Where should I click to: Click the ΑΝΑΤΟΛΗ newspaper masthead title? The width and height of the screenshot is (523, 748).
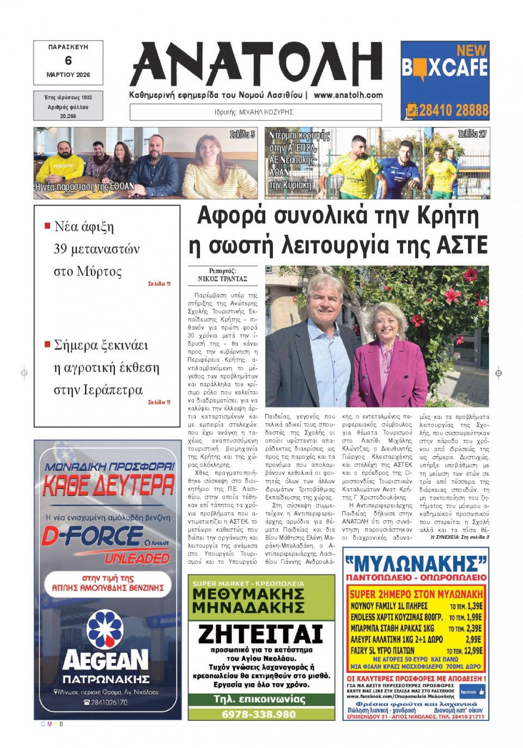pyautogui.click(x=256, y=64)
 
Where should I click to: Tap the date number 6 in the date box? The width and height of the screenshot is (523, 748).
pyautogui.click(x=68, y=60)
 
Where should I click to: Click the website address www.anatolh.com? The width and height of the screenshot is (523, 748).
pyautogui.click(x=348, y=95)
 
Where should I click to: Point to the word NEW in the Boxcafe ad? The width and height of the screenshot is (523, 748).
pyautogui.click(x=471, y=50)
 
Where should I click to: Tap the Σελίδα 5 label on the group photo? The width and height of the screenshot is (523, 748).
pyautogui.click(x=242, y=135)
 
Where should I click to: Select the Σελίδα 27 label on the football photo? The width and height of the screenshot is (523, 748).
pyautogui.click(x=472, y=134)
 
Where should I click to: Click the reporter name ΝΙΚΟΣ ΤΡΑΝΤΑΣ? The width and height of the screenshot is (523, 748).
pyautogui.click(x=222, y=279)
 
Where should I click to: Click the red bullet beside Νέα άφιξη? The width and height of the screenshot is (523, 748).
pyautogui.click(x=47, y=225)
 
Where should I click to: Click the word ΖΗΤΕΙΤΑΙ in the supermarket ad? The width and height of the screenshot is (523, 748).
pyautogui.click(x=260, y=634)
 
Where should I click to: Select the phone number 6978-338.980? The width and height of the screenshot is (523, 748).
pyautogui.click(x=259, y=714)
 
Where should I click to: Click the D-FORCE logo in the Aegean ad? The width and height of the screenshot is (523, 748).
pyautogui.click(x=93, y=537)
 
